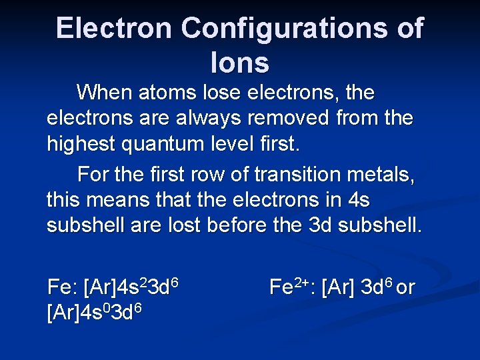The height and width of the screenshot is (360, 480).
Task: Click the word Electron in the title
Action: click(114, 29)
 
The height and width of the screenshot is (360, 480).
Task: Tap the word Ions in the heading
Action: click(239, 63)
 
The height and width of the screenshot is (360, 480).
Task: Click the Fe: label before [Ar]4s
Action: click(62, 288)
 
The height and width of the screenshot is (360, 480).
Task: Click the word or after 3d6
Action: click(406, 288)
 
